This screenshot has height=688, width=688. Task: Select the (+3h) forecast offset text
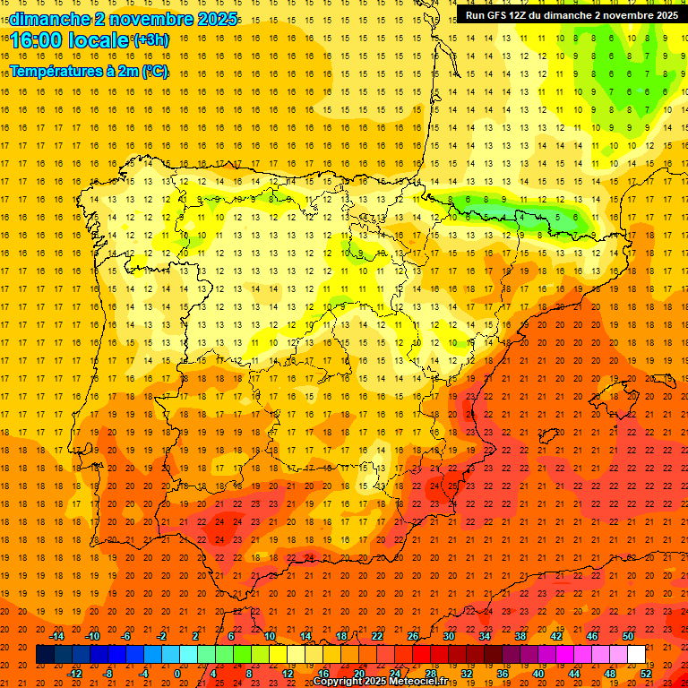point(150,40)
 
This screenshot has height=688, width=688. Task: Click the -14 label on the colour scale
point(56,636)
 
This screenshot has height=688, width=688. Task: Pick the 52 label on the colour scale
point(646,674)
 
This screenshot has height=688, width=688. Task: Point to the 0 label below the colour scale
point(177,674)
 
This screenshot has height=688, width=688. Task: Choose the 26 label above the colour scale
point(413,636)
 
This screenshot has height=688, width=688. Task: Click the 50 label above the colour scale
point(628,636)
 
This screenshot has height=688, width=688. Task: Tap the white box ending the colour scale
point(636,655)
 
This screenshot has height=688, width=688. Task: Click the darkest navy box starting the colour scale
point(45,655)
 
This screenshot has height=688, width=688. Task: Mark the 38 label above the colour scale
point(520,636)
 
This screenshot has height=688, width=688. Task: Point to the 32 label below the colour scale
point(467,674)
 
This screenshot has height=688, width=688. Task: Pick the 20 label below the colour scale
point(358,674)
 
